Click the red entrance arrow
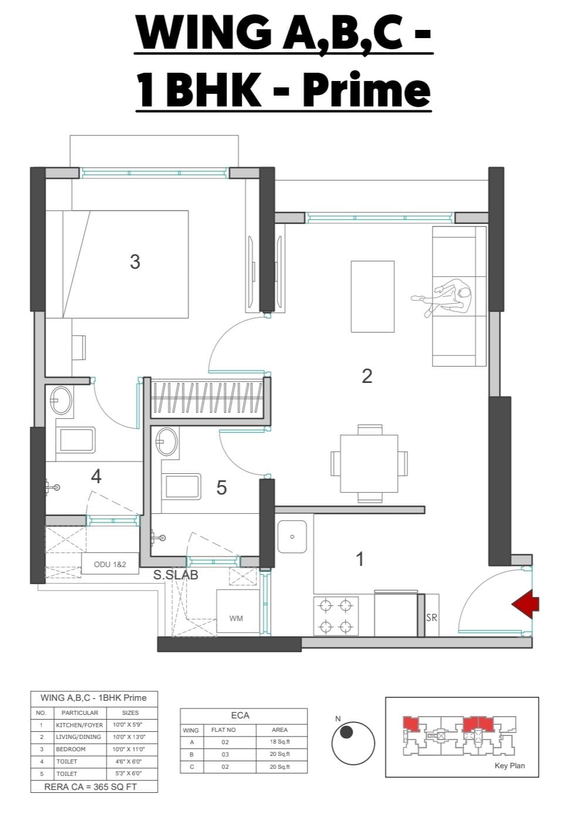point(526,604)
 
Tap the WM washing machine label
point(236,618)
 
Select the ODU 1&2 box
point(110,564)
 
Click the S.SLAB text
point(175,575)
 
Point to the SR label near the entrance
point(432,618)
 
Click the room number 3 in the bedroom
point(135,262)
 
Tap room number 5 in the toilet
point(221,487)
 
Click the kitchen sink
point(292,537)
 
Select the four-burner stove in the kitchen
point(336,616)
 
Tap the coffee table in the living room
point(373,297)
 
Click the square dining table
point(369,463)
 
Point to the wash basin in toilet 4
point(60,401)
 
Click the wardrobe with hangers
point(207,398)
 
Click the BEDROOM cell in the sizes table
point(70,749)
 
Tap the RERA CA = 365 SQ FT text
point(90,787)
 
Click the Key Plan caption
point(509,765)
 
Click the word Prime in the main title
point(367,89)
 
